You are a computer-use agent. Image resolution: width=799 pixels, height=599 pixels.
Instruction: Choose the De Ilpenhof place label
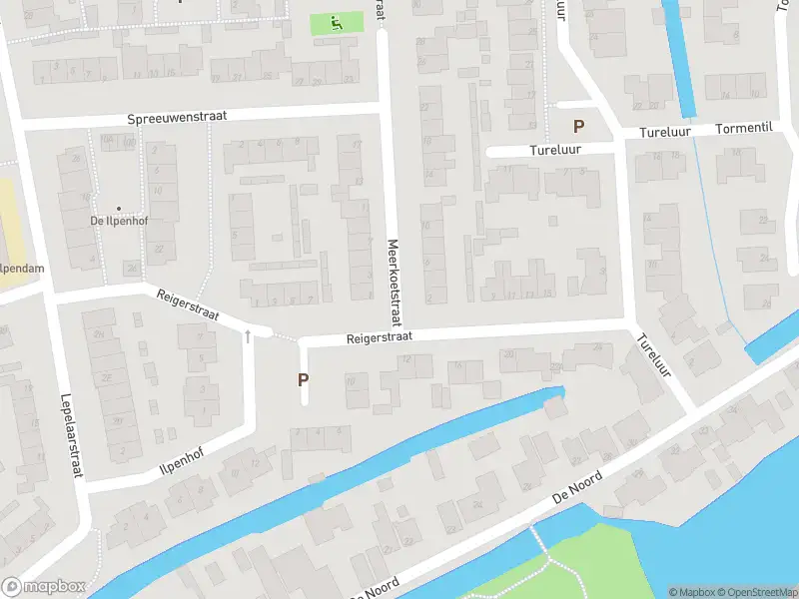pyautogui.click(x=119, y=221)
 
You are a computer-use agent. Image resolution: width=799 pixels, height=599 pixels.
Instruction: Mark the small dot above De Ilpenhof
pyautogui.click(x=119, y=208)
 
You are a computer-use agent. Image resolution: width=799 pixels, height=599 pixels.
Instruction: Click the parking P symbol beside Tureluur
pyautogui.click(x=577, y=127)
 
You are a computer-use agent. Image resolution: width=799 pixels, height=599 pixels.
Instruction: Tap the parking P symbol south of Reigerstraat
pyautogui.click(x=303, y=379)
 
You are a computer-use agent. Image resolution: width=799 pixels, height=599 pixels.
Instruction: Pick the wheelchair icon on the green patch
pyautogui.click(x=337, y=22)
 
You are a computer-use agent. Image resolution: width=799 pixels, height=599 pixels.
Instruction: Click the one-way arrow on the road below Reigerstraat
pyautogui.click(x=248, y=336)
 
